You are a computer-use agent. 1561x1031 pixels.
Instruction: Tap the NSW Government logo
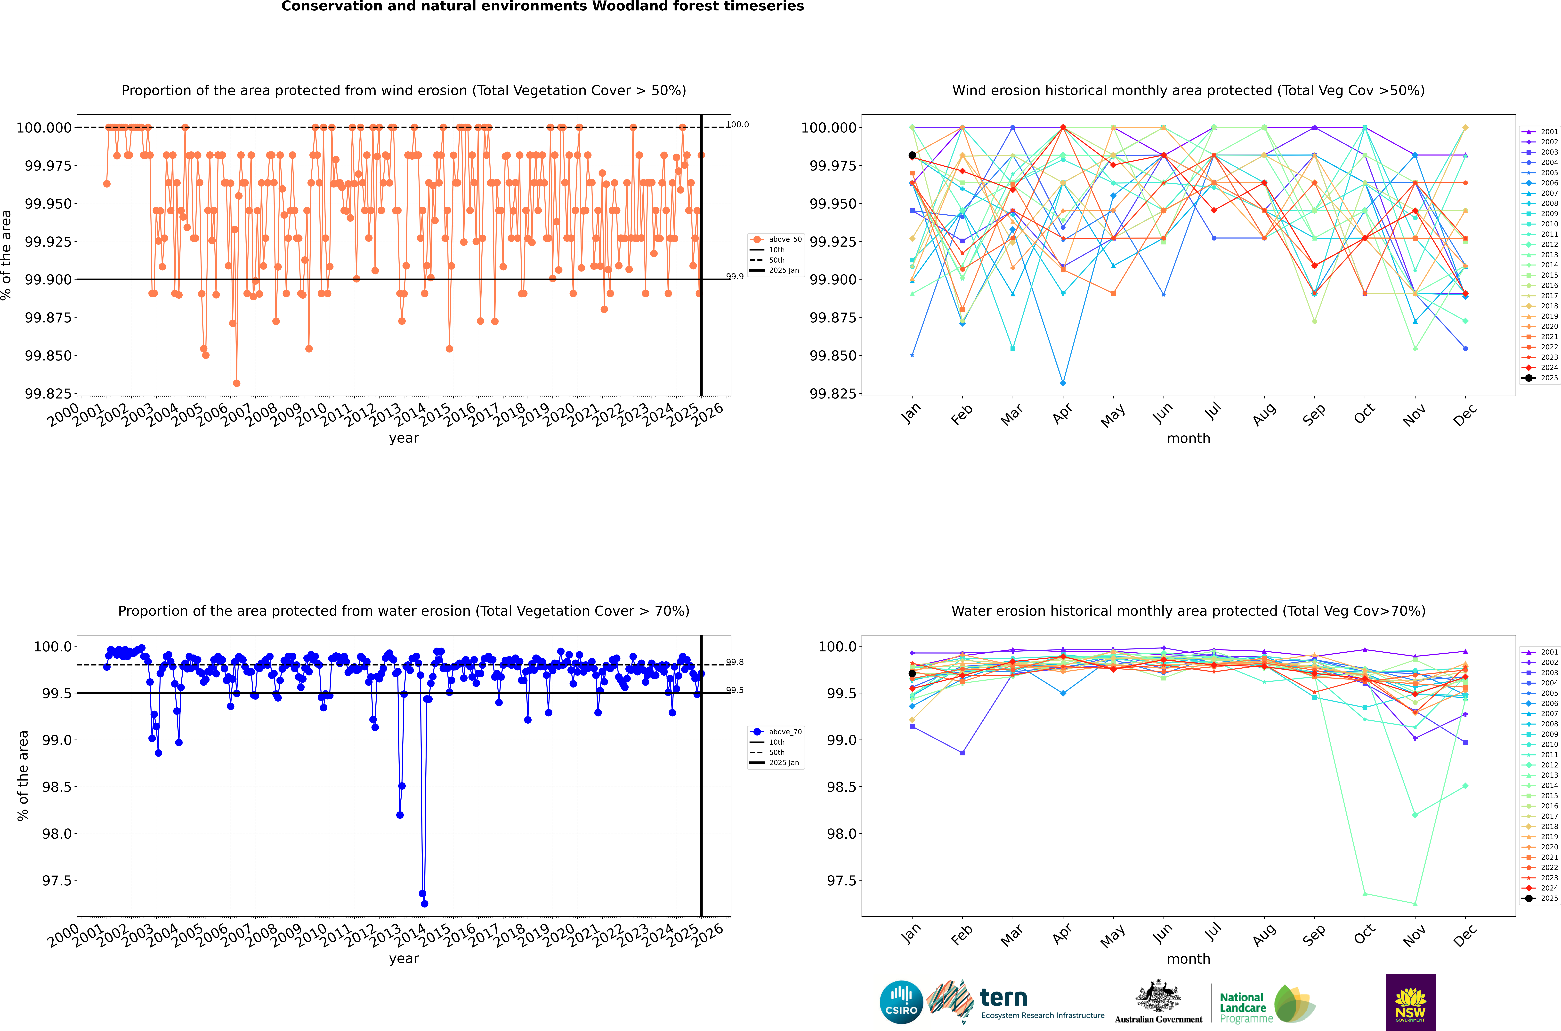click(x=1410, y=1002)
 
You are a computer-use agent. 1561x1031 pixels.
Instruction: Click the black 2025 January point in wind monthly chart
click(x=912, y=155)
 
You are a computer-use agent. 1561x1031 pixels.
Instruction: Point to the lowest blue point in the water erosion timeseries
click(x=424, y=903)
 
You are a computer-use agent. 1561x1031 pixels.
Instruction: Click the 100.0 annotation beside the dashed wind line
click(x=737, y=124)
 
